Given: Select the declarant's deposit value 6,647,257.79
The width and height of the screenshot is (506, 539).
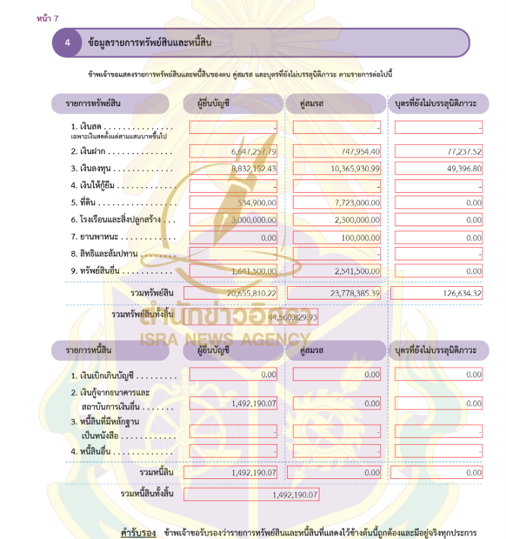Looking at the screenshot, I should tap(233, 152).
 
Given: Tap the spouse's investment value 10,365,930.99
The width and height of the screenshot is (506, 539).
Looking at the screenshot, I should tap(336, 169).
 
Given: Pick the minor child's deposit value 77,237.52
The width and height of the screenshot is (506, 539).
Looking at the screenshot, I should tap(438, 152).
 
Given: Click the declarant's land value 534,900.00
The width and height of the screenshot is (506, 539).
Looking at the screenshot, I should tap(233, 203).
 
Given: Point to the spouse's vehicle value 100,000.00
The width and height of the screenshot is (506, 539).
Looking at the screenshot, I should tap(336, 238).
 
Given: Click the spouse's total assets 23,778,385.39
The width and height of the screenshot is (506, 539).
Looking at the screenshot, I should tap(335, 293).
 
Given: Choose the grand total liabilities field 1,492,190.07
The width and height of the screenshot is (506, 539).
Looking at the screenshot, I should tap(251, 495).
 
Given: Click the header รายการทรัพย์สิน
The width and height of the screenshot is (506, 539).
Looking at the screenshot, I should tap(94, 103).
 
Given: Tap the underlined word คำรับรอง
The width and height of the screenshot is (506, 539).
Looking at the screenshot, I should tap(139, 533).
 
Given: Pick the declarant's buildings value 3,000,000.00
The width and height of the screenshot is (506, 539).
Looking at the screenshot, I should tap(233, 220).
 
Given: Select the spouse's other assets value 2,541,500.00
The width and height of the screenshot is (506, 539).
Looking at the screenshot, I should tap(336, 271).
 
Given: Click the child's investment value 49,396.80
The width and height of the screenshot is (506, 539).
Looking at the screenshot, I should tap(438, 169).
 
